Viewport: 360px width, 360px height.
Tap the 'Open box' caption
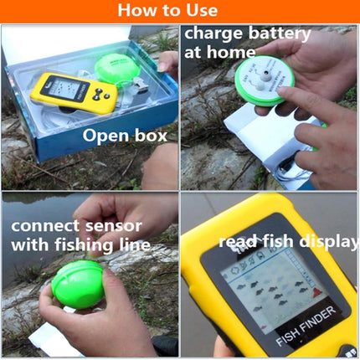(123, 136)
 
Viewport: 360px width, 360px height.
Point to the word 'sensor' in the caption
(117, 225)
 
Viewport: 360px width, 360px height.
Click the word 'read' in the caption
(236, 242)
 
